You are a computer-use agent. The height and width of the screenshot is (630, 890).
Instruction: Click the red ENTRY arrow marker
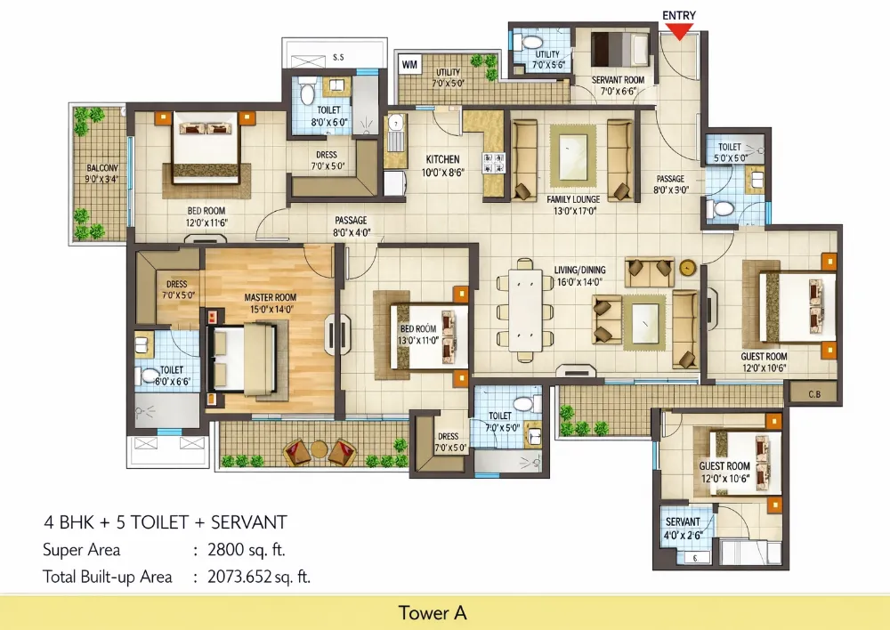tap(679, 31)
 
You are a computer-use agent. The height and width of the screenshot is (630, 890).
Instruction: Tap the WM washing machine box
tap(409, 64)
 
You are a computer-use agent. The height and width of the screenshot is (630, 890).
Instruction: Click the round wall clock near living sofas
tap(686, 266)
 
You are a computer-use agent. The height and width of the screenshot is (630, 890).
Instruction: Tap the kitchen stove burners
tap(490, 161)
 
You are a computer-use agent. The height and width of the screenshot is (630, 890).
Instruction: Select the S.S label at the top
tap(338, 58)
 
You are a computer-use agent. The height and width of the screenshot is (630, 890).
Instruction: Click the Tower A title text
tap(433, 612)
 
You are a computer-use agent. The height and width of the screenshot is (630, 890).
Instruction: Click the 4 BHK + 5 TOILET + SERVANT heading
tap(165, 521)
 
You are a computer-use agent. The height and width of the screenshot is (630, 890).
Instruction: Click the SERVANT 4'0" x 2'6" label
tap(684, 527)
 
